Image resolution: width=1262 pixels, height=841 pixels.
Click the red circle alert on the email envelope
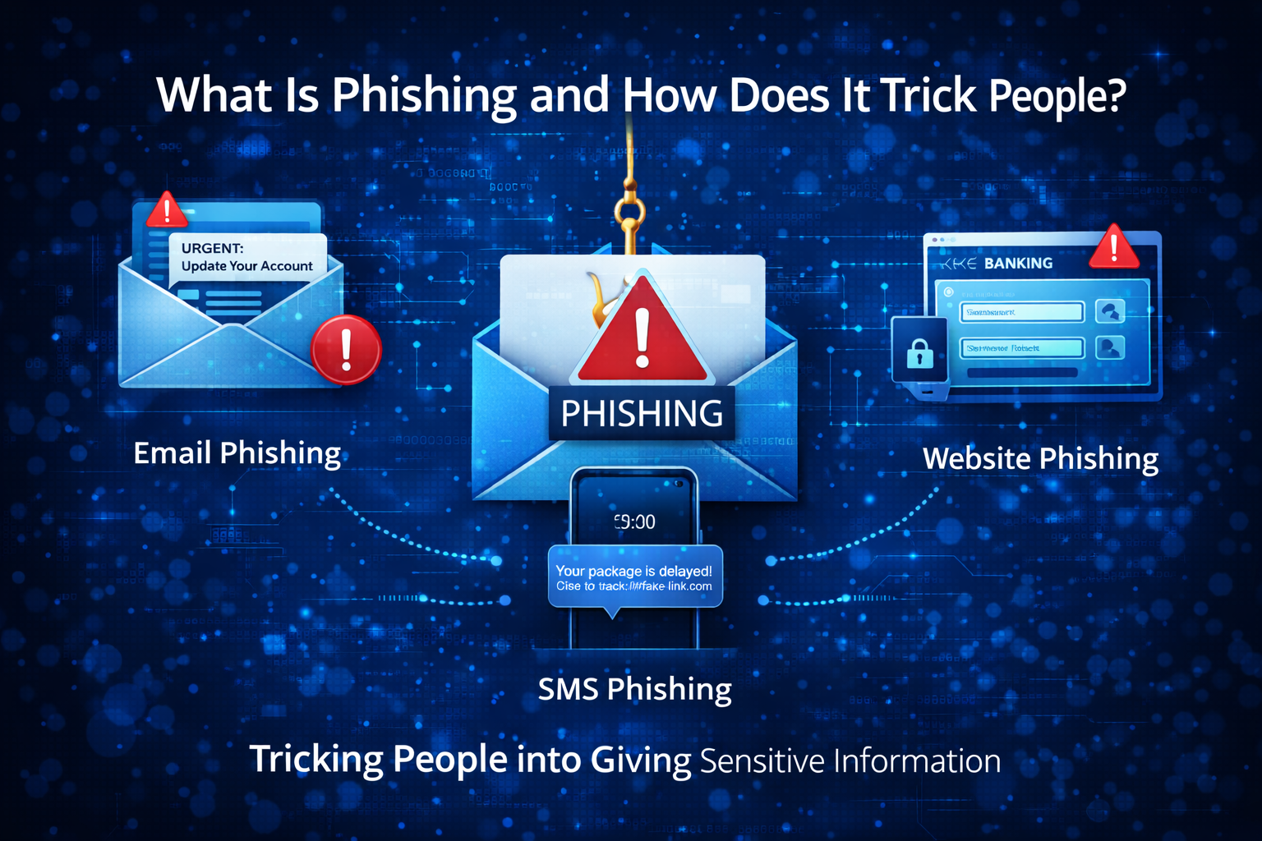click(346, 349)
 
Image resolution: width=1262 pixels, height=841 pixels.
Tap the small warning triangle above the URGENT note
click(167, 210)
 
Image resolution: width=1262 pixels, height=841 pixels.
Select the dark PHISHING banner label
click(642, 413)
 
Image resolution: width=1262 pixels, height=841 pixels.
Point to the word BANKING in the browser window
click(1018, 264)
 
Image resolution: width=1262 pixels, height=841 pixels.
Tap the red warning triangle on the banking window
click(1113, 248)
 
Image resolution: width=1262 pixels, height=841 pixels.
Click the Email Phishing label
click(237, 453)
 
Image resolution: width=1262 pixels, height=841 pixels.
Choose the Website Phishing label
click(1040, 458)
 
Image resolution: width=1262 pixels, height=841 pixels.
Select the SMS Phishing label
click(634, 689)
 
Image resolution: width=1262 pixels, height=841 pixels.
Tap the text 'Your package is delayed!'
click(633, 571)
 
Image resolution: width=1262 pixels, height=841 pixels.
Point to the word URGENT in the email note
click(212, 248)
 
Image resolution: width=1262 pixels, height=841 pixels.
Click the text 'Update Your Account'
click(246, 266)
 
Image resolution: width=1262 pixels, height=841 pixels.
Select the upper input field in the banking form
click(1021, 312)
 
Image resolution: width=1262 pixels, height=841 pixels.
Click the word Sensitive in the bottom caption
click(762, 761)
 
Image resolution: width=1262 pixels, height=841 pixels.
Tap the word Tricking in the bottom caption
click(316, 760)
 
